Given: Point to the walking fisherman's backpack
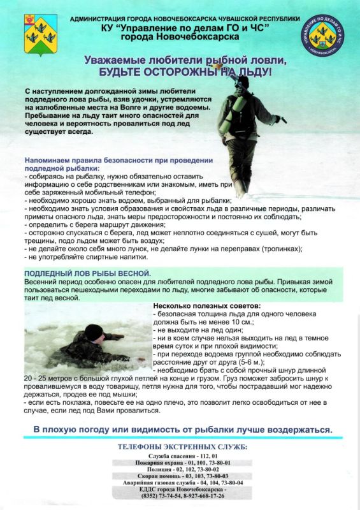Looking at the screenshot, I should point(227,115).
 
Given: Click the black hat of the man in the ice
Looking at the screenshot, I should point(94,331).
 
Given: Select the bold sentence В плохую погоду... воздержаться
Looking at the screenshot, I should point(183,429).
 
